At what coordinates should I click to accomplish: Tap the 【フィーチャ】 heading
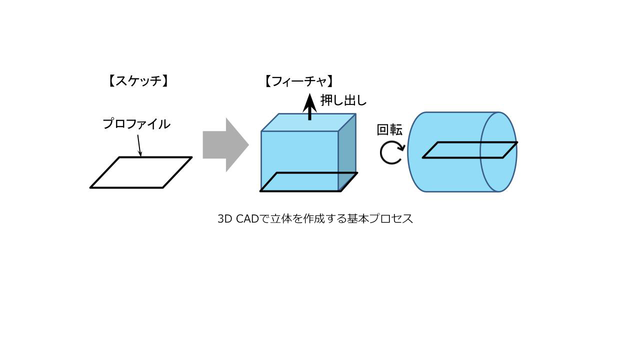tap(299, 81)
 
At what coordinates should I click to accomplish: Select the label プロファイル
tap(136, 124)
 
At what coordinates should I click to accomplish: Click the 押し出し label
tap(343, 100)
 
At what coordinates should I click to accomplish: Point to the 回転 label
tap(389, 130)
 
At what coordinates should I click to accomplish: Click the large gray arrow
tap(225, 145)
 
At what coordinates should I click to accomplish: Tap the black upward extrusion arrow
tap(309, 107)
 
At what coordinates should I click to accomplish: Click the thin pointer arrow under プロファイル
tap(139, 145)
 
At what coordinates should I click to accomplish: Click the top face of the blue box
tap(308, 122)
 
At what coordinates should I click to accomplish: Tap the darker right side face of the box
tap(347, 152)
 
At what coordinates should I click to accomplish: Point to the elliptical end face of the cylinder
tap(498, 151)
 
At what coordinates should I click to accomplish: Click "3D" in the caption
tap(225, 219)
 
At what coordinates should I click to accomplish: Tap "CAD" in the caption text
tap(247, 219)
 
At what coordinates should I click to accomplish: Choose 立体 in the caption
tap(281, 219)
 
